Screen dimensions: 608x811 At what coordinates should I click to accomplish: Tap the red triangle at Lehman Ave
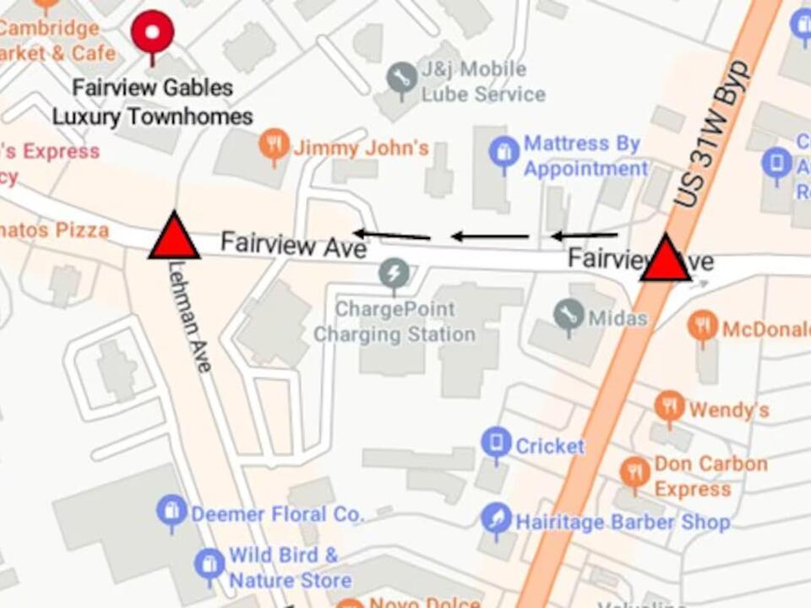tap(174, 237)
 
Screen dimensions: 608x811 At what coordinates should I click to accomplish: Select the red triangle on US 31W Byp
tap(666, 260)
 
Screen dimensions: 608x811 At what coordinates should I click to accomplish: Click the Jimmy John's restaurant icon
tap(274, 145)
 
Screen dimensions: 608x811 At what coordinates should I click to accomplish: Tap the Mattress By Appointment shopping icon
tap(504, 153)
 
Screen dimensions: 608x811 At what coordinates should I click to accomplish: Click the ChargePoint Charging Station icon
tap(394, 272)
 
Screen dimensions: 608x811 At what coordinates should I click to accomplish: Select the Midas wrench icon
tap(569, 314)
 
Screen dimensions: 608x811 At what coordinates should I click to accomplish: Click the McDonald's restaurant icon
tap(703, 326)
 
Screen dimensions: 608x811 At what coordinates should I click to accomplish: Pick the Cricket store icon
tap(496, 442)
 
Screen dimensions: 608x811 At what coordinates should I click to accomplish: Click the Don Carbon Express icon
tap(635, 472)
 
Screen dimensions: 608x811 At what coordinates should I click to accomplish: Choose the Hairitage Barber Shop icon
tap(496, 518)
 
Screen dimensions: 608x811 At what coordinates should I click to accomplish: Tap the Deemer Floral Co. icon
tap(171, 511)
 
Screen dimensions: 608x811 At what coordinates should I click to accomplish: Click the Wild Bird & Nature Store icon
tap(210, 563)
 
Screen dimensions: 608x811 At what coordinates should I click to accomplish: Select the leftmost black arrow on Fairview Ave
tap(391, 234)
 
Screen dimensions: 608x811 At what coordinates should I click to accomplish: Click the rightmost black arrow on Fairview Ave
tap(584, 236)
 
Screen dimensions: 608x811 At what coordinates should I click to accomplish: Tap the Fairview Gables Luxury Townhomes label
tap(153, 101)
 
